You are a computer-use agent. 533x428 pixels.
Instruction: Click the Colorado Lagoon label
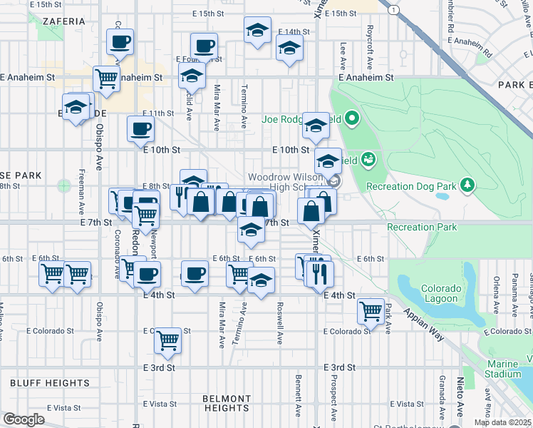(440, 293)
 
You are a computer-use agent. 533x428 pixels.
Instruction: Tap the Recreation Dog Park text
(410, 187)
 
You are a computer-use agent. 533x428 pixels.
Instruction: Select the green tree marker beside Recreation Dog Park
(467, 185)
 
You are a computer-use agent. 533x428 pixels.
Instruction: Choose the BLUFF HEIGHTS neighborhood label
(49, 383)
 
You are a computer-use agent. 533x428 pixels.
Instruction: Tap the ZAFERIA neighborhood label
(64, 21)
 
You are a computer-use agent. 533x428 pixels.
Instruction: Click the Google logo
(24, 419)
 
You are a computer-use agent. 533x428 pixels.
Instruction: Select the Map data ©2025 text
(503, 422)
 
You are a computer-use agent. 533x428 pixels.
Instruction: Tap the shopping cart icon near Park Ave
(371, 310)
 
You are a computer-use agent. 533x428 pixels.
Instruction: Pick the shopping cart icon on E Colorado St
(168, 340)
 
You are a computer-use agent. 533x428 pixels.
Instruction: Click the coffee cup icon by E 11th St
(140, 129)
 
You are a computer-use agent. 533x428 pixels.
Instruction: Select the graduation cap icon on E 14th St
(257, 32)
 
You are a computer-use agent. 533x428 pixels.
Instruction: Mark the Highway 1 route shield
(393, 9)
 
